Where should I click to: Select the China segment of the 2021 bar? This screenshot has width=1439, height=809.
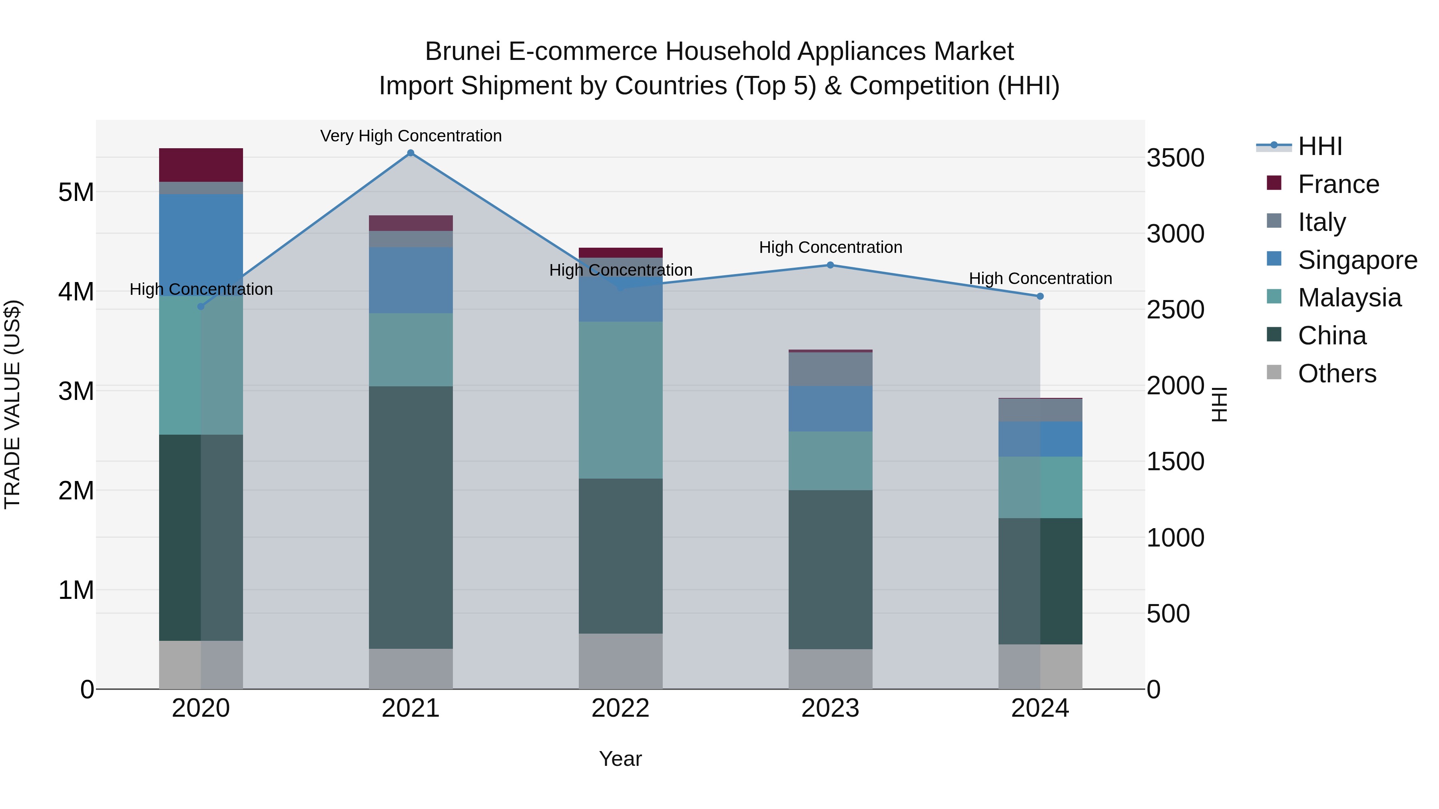(411, 517)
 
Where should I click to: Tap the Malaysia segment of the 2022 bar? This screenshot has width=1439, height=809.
(620, 400)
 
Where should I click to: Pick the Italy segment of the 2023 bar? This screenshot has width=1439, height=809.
(830, 369)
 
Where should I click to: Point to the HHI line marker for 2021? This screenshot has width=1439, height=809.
(411, 153)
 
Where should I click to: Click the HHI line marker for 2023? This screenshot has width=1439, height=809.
(830, 265)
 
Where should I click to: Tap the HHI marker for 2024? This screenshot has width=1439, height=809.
(1040, 296)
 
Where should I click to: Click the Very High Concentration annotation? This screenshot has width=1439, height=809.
(411, 136)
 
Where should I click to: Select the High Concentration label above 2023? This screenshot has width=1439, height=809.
(830, 247)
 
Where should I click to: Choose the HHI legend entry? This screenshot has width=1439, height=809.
(1319, 146)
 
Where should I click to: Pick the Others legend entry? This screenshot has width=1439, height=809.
(1336, 374)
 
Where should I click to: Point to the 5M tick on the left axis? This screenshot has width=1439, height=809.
(76, 193)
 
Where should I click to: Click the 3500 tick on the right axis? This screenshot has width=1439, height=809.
(1175, 158)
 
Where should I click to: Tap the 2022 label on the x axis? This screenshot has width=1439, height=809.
(620, 708)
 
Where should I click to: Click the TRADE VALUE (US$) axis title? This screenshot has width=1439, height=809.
(13, 404)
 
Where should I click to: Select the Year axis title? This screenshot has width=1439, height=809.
(620, 759)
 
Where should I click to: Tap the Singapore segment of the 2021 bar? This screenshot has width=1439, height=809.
(411, 280)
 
